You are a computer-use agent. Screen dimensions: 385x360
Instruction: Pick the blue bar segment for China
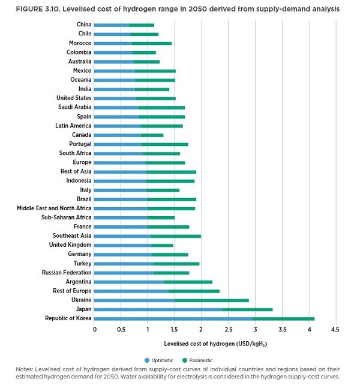tap(112, 25)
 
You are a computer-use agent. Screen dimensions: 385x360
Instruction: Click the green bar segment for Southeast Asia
tap(175, 236)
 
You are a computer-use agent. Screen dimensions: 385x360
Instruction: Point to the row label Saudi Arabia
tap(75, 108)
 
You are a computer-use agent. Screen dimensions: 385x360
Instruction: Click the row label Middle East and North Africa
tap(54, 208)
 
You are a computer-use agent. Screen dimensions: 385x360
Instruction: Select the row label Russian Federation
tap(67, 273)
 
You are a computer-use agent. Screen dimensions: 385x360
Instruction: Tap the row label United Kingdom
tap(70, 245)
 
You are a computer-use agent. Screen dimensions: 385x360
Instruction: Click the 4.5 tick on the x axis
tap(335, 330)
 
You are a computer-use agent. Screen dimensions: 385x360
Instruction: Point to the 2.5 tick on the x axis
tap(228, 330)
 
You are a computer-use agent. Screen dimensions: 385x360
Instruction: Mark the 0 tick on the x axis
tap(95, 330)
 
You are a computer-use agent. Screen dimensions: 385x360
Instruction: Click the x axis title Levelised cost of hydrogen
tap(197, 344)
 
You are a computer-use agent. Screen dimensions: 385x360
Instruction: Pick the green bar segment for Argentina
tap(188, 282)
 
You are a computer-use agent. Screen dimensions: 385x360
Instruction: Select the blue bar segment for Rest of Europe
tap(131, 291)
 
